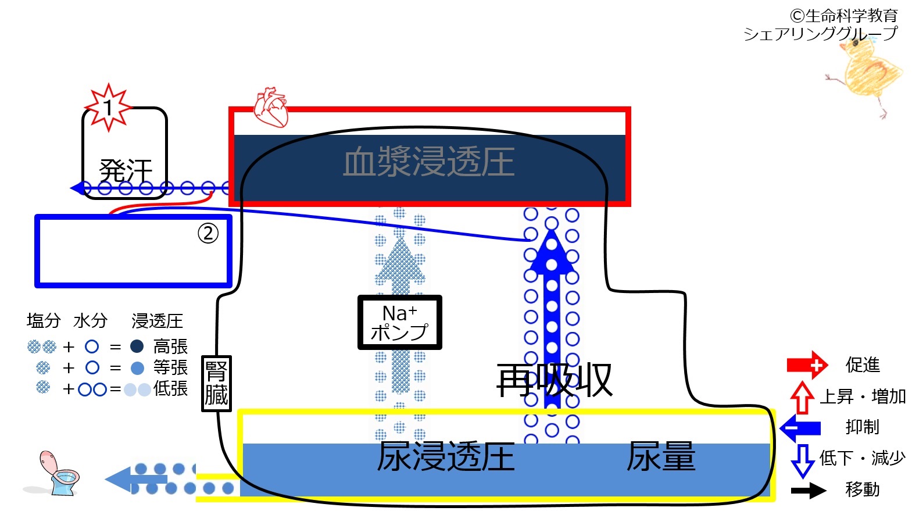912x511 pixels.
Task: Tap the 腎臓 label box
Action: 216,384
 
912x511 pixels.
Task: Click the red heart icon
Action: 271,107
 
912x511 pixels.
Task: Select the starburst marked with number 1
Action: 108,108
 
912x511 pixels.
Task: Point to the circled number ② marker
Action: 208,233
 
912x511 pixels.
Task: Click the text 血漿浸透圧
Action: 429,162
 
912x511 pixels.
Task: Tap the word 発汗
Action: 126,171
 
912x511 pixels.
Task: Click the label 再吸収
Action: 554,380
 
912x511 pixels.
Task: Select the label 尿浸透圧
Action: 445,456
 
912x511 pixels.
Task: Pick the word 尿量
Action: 661,456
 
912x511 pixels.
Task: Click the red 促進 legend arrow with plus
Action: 807,365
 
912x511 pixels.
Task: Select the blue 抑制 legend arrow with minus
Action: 800,428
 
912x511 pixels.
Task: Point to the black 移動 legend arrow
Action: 809,490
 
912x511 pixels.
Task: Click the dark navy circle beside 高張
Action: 137,346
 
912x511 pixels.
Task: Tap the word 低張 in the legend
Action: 170,389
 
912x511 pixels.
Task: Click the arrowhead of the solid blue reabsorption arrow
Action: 552,251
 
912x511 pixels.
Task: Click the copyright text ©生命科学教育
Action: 843,16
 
